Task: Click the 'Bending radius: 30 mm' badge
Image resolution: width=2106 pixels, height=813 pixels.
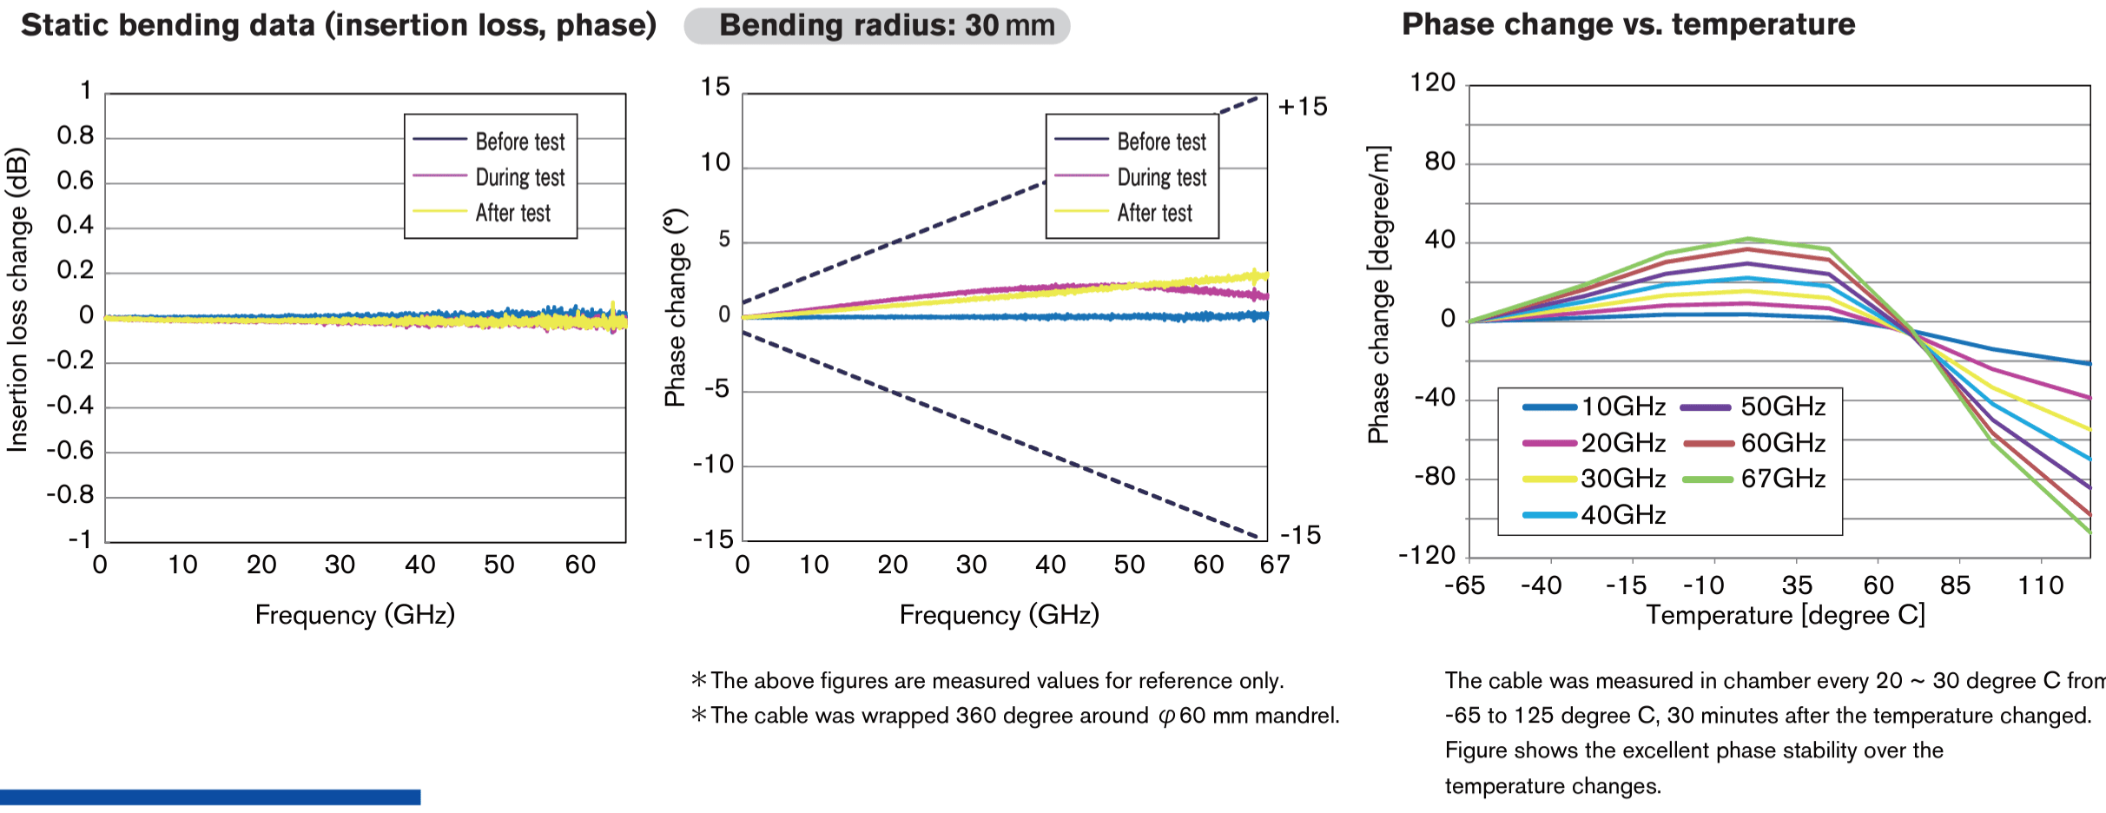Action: click(877, 25)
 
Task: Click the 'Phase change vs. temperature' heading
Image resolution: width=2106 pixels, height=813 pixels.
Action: click(1628, 24)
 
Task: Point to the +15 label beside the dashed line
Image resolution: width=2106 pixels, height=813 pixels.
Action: click(1303, 107)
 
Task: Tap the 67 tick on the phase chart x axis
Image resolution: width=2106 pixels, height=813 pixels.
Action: click(1275, 565)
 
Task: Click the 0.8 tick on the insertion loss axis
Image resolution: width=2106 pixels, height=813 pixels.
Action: click(76, 135)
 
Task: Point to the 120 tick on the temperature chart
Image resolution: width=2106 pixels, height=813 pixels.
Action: click(1433, 83)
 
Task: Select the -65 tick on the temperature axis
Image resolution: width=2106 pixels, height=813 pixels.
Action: click(1465, 585)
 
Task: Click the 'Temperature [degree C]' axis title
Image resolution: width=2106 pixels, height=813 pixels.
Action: click(1786, 615)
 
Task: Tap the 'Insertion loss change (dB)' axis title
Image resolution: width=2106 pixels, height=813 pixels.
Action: click(17, 301)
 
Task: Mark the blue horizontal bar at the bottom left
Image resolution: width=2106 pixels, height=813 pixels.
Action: click(210, 796)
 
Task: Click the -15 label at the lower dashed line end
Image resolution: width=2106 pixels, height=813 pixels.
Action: click(1300, 535)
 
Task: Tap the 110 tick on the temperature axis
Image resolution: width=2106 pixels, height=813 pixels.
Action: click(2041, 585)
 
